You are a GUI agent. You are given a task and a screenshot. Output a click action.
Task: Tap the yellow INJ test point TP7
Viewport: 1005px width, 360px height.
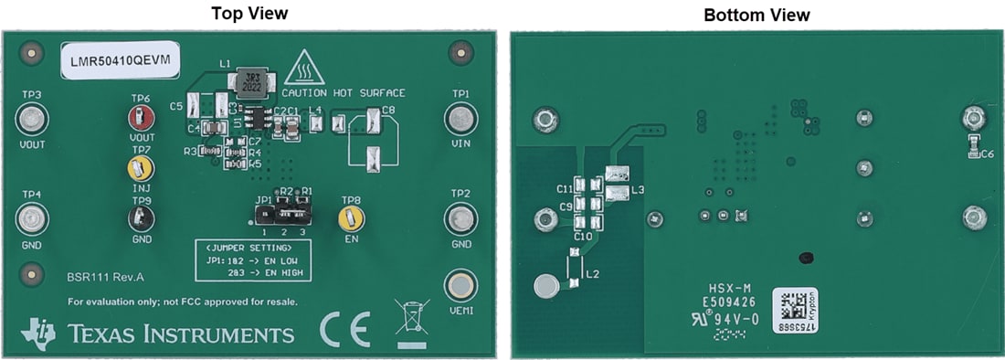click(x=139, y=167)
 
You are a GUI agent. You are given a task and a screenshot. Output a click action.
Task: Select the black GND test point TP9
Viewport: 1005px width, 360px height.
click(x=141, y=217)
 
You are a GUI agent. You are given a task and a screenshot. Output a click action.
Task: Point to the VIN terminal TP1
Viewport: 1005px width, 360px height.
click(x=460, y=119)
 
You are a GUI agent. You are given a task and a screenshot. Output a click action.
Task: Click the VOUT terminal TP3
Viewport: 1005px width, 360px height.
click(x=32, y=119)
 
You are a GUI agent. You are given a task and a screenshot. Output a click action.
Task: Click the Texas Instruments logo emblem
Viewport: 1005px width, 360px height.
click(x=37, y=332)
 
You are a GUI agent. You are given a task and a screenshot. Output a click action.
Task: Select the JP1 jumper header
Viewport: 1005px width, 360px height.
click(x=283, y=217)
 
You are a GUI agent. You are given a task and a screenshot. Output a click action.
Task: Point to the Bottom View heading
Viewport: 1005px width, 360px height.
click(x=756, y=15)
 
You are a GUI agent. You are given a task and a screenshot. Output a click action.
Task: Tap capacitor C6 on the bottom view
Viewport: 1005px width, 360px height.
click(x=974, y=144)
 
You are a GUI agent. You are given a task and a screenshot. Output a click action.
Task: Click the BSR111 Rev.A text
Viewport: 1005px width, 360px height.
click(x=105, y=276)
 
